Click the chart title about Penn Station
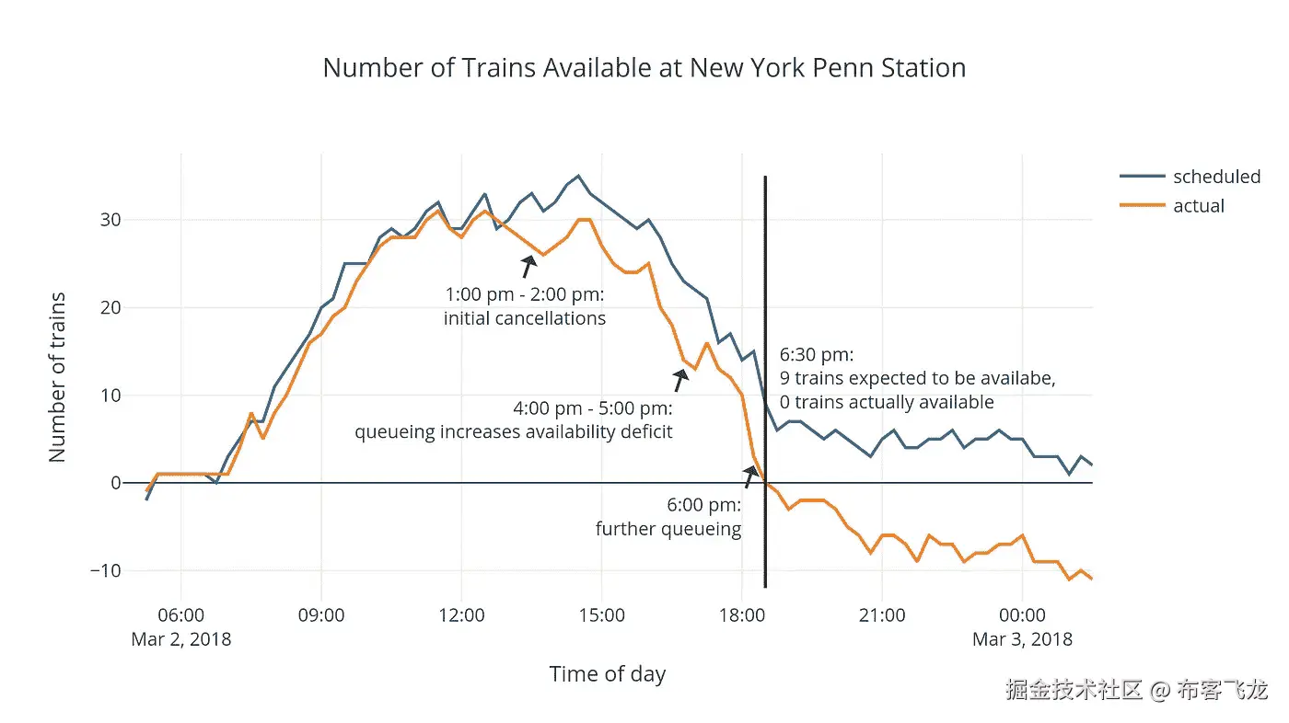click(644, 68)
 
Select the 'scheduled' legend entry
click(1216, 177)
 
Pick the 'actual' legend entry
click(1198, 206)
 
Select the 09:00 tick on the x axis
click(321, 615)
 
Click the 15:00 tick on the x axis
click(602, 615)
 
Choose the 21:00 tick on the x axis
click(882, 615)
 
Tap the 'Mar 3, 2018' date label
click(1022, 638)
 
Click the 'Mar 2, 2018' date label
click(181, 638)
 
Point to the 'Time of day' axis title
click(607, 674)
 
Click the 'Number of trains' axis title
click(57, 377)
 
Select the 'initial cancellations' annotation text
click(525, 319)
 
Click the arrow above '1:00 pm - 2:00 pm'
click(528, 266)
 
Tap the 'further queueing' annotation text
click(668, 529)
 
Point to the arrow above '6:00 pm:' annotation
click(750, 476)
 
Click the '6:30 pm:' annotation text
click(818, 355)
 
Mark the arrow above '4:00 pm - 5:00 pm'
click(680, 379)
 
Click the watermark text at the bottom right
click(1136, 690)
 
